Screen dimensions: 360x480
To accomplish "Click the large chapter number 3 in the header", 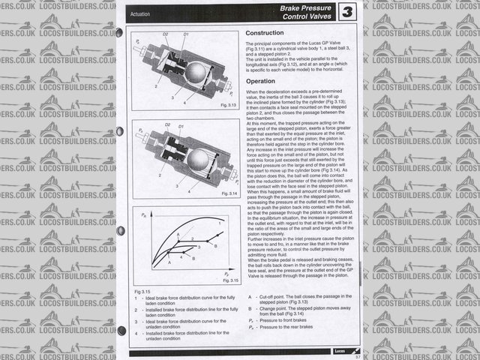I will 348,12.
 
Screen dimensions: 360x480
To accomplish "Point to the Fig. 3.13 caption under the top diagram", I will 229,105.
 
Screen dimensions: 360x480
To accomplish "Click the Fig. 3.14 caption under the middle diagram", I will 229,193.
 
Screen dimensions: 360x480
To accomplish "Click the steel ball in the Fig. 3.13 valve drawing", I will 196,73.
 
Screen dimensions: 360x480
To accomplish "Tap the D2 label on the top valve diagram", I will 166,34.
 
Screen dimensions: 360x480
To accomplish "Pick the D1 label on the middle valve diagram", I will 184,124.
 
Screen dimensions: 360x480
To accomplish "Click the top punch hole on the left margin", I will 120,32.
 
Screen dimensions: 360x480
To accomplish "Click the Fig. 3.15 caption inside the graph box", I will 229,280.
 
